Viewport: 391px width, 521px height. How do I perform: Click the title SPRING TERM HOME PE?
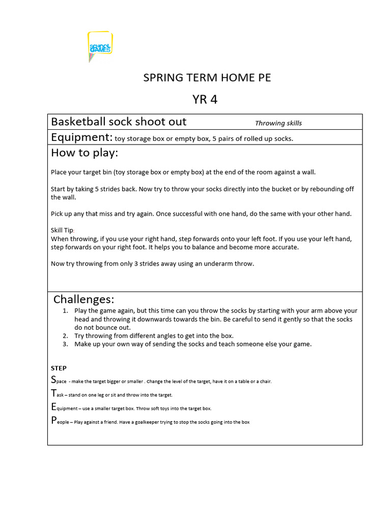[207, 78]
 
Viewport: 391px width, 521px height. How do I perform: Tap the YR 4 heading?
[205, 99]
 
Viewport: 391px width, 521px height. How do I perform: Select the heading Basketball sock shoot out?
[119, 122]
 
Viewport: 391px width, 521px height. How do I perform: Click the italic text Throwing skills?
[278, 123]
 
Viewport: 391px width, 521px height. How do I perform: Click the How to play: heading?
[84, 153]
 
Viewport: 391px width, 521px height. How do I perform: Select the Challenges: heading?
[83, 299]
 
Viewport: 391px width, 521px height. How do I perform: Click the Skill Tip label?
[62, 230]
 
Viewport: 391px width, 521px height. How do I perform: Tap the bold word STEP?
[59, 368]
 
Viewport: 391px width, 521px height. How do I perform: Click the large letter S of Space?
[53, 380]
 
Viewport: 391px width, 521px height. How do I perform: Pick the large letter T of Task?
[53, 393]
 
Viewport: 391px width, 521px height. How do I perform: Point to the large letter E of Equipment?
[53, 407]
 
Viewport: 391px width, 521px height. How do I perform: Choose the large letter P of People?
[53, 420]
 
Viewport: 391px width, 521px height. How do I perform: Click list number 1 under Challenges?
[65, 310]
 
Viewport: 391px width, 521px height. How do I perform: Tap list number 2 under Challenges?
[65, 336]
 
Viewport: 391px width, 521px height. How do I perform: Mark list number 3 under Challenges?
[65, 344]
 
